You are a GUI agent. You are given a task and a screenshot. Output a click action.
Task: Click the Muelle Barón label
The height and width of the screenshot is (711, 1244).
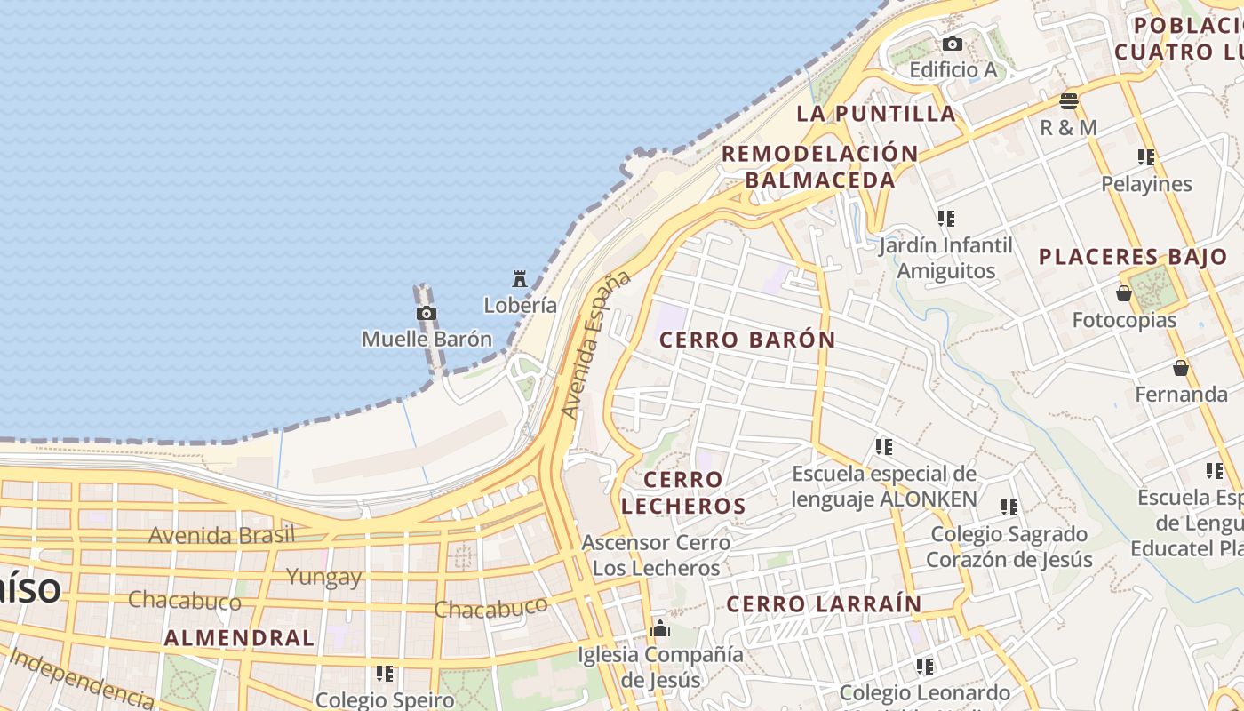click(x=427, y=339)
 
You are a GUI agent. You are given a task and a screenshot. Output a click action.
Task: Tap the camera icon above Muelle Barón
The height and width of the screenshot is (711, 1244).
click(x=427, y=313)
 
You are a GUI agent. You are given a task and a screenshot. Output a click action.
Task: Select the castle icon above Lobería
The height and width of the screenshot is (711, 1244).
click(x=520, y=279)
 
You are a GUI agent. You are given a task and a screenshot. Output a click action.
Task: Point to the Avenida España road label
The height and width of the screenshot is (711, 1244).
click(x=595, y=345)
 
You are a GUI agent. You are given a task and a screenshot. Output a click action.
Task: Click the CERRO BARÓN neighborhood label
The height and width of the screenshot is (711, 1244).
click(x=747, y=340)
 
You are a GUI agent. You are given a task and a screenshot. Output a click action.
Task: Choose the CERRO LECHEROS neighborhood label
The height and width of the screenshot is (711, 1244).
click(x=683, y=493)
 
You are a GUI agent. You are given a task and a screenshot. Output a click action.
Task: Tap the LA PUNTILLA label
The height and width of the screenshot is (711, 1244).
click(x=876, y=114)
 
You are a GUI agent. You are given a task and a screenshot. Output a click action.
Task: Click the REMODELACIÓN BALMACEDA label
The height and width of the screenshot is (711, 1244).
click(x=819, y=166)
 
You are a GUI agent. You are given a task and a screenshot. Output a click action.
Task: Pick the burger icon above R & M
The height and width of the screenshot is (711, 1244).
click(x=1069, y=100)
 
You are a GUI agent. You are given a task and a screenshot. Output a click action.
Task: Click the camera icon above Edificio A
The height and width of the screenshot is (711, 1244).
click(x=953, y=44)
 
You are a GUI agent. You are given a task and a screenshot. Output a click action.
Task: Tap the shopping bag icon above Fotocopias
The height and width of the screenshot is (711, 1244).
click(x=1124, y=293)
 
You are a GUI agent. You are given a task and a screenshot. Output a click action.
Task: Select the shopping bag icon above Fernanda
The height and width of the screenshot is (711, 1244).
click(x=1181, y=367)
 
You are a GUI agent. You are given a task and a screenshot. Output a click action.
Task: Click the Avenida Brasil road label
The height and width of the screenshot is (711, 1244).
click(x=221, y=535)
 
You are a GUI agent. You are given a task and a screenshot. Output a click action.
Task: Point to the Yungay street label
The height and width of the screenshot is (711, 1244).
click(x=324, y=577)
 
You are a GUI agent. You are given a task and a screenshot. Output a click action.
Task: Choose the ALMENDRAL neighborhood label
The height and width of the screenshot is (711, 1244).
click(x=239, y=638)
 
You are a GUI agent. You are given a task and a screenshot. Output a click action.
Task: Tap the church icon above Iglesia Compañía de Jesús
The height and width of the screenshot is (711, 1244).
click(x=660, y=629)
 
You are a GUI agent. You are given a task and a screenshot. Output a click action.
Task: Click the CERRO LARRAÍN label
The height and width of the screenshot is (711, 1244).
click(x=824, y=604)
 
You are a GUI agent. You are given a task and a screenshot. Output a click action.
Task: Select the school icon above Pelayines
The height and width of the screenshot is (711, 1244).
click(x=1146, y=157)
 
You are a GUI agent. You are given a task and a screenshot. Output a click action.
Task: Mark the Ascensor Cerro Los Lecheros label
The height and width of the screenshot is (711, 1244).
click(x=656, y=555)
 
